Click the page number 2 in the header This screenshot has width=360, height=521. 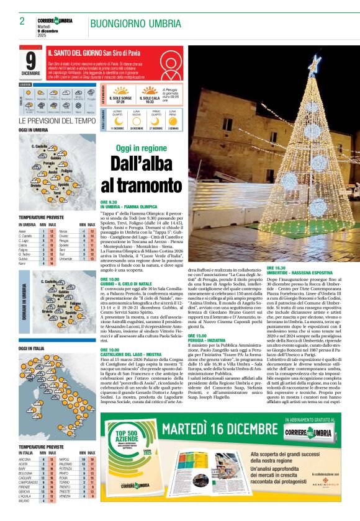(x=22, y=21)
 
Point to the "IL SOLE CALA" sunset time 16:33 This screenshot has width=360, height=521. (x=150, y=101)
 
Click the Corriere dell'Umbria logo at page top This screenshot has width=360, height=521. (x=55, y=21)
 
